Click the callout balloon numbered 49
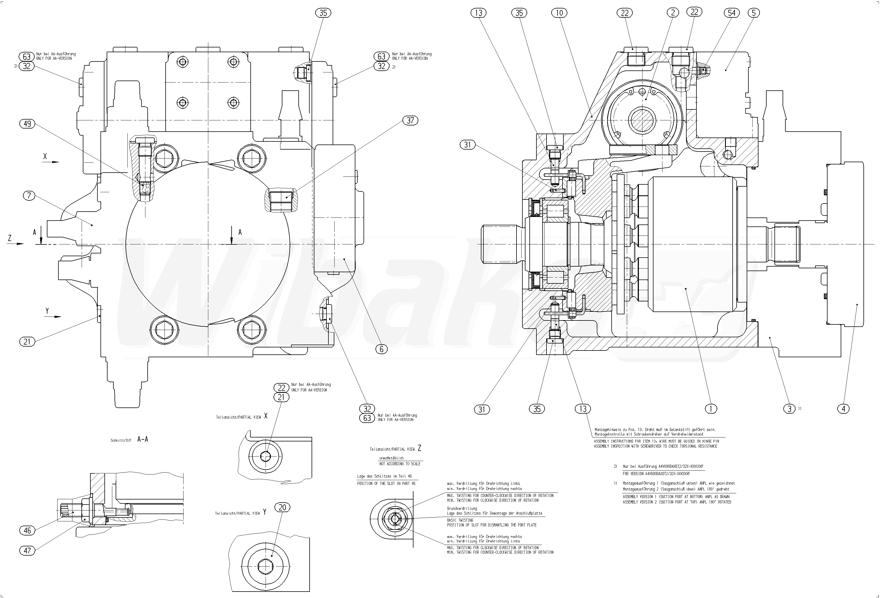27,124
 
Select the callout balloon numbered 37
410,120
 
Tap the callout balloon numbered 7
29,196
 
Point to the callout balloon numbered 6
381,349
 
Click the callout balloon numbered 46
27,531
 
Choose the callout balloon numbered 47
27,551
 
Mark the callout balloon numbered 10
559,13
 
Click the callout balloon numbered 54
732,13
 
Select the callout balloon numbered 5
753,13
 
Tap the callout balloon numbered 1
711,409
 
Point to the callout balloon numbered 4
843,409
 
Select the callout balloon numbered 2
673,13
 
